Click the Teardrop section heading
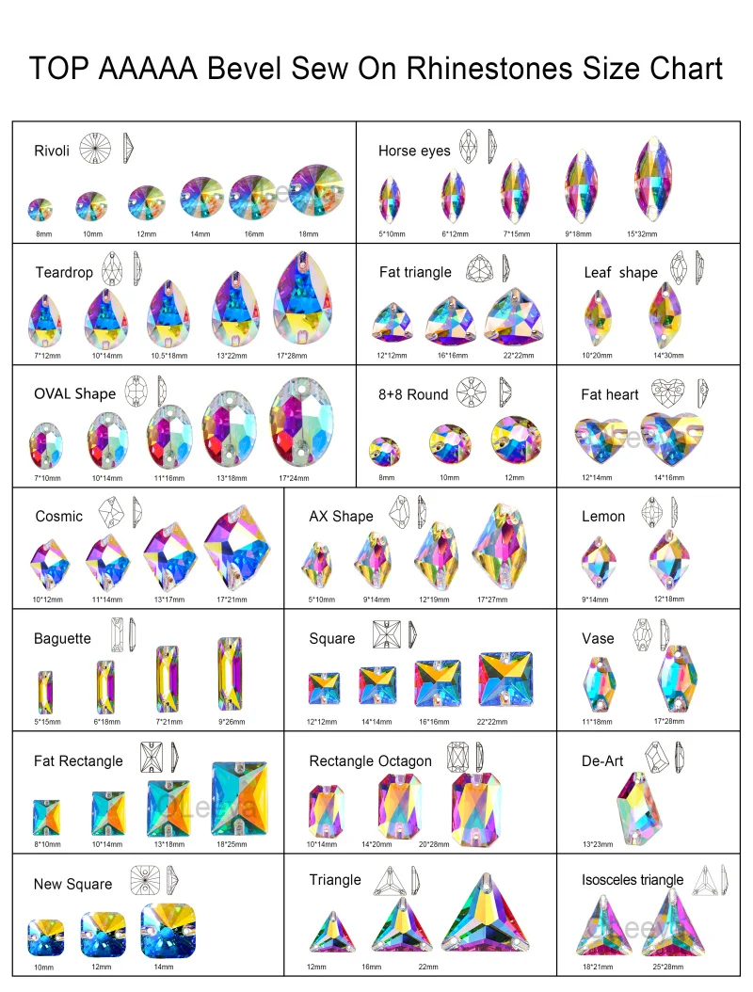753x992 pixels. coord(64,272)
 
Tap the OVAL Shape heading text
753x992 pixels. coord(74,393)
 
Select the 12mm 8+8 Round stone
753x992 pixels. coord(516,440)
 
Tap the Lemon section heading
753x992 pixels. coord(603,516)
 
